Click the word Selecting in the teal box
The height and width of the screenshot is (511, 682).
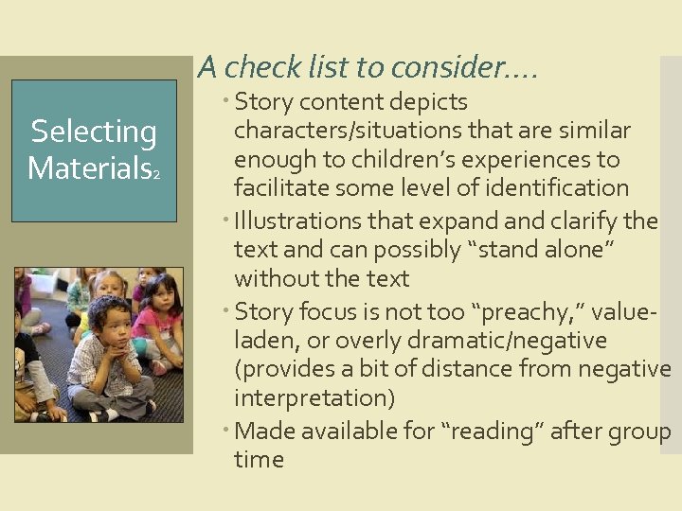(x=94, y=132)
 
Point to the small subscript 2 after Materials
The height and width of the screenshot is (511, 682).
(x=156, y=175)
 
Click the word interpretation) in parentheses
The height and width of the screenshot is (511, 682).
(x=314, y=397)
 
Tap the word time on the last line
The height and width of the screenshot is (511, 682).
(x=259, y=460)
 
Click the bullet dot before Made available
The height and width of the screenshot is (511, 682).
(x=227, y=432)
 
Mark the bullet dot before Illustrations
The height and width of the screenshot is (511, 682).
(x=227, y=221)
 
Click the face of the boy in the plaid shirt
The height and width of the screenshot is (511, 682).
(x=113, y=323)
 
